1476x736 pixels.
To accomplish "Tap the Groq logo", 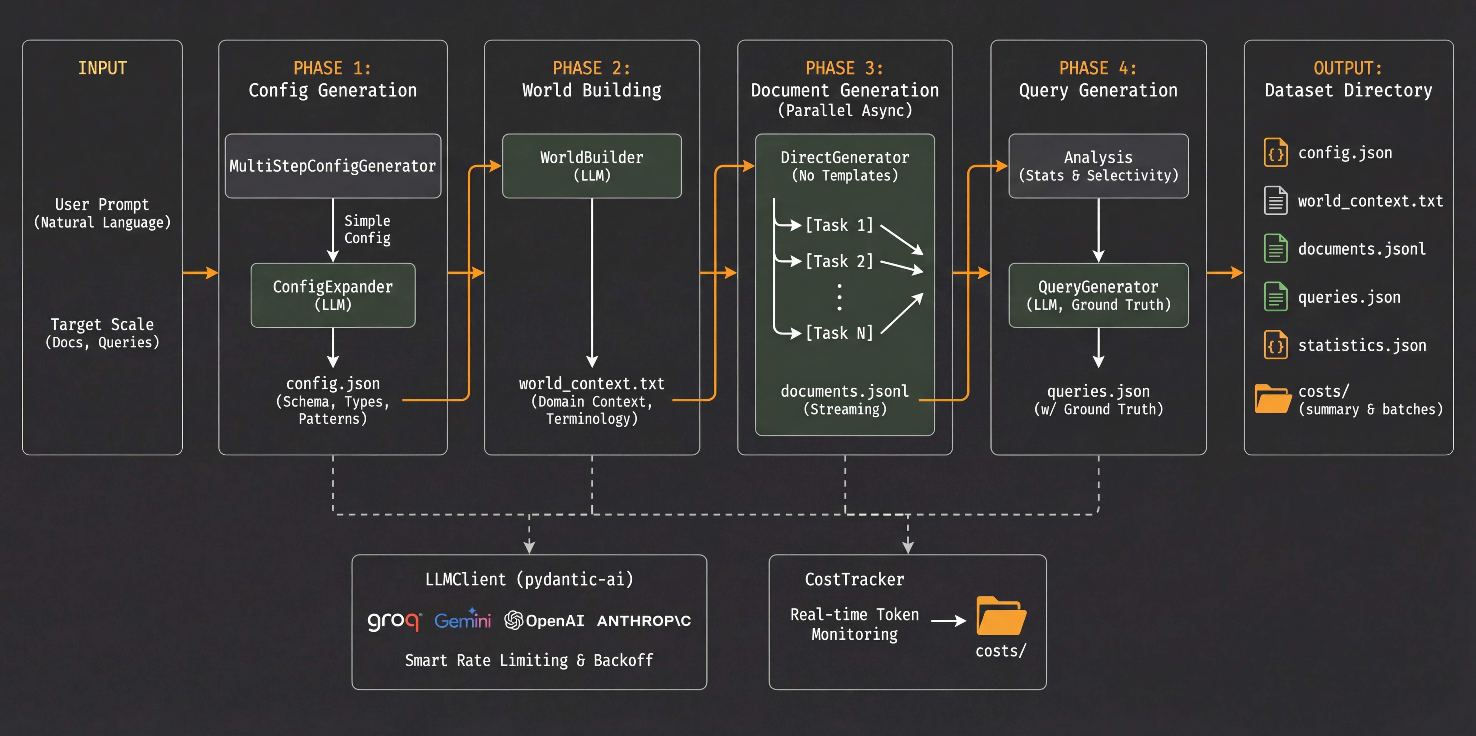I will click(x=394, y=620).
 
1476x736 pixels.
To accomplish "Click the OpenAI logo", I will click(x=544, y=620).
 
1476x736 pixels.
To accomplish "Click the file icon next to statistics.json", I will click(x=1275, y=345).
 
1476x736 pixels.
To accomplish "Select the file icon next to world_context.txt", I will click(x=1275, y=201).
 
